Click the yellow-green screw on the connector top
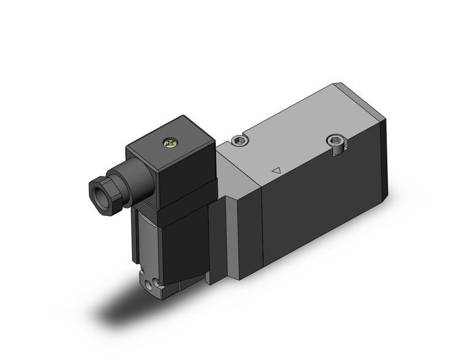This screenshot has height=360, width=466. tap(169, 144)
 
